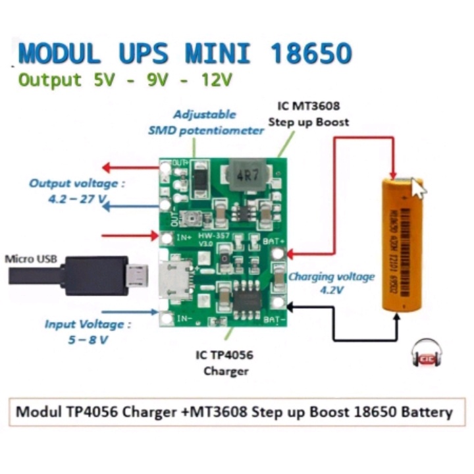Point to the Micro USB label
pyautogui.click(x=30, y=258)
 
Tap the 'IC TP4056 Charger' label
pyautogui.click(x=224, y=363)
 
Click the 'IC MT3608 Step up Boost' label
pyautogui.click(x=309, y=113)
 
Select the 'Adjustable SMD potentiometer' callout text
pyautogui.click(x=206, y=123)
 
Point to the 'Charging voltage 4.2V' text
pyautogui.click(x=331, y=282)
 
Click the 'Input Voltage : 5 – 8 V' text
pyautogui.click(x=88, y=332)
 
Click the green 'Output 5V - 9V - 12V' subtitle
pyautogui.click(x=125, y=80)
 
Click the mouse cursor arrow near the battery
pyautogui.click(x=418, y=187)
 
